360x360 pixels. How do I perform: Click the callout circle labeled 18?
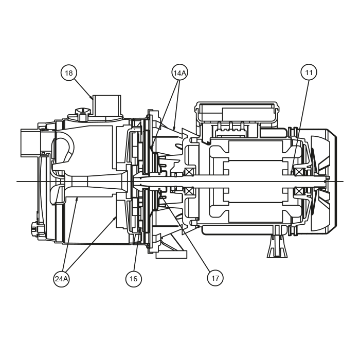(68, 73)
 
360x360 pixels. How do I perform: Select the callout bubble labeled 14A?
(179, 73)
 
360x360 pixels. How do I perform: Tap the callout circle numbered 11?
(309, 73)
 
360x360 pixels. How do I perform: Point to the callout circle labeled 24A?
(61, 279)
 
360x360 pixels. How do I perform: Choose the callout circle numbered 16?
(134, 279)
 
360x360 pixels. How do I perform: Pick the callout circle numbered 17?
(215, 278)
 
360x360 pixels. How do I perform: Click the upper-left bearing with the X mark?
(189, 172)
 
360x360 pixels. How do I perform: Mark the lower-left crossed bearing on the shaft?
(189, 191)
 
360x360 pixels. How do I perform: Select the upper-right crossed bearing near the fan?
(299, 172)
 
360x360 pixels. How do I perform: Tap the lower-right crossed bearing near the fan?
(299, 191)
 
